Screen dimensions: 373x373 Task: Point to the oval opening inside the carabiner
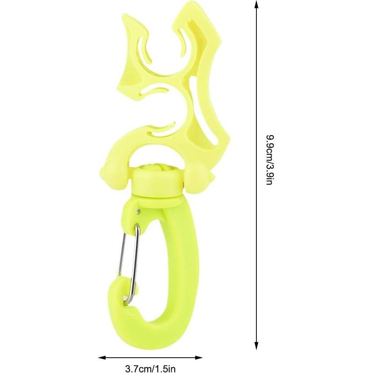[153, 259]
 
